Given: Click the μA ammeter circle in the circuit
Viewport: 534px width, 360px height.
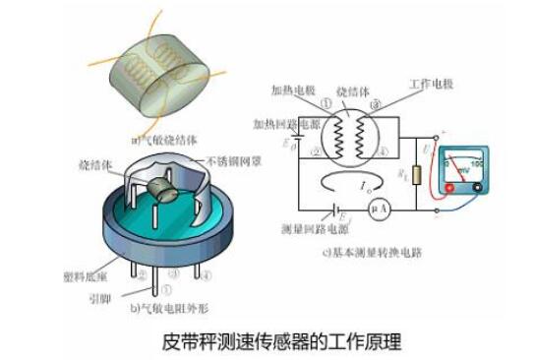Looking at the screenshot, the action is (x=375, y=210).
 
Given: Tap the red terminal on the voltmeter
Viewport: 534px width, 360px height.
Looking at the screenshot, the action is (x=450, y=187).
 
